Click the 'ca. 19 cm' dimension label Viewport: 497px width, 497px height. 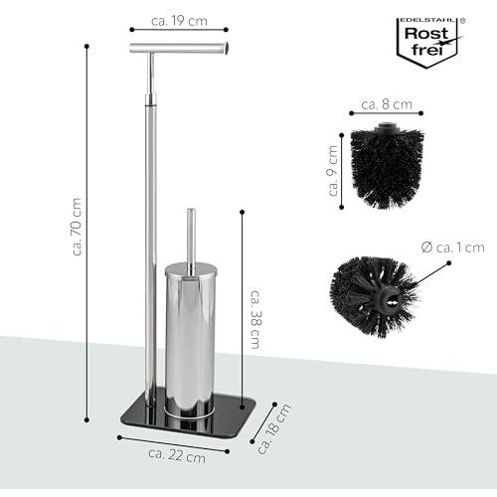179,21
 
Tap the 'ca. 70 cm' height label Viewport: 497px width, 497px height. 77,227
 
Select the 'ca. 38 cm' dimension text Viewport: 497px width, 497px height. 255,319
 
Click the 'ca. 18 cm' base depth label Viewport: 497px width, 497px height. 274,428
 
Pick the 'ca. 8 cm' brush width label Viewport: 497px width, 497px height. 387,104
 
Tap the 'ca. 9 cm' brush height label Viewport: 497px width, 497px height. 333,171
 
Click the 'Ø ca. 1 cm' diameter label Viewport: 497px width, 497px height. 453,248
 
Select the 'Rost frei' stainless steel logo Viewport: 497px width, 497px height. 429,42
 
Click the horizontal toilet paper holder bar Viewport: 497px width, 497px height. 179,48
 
